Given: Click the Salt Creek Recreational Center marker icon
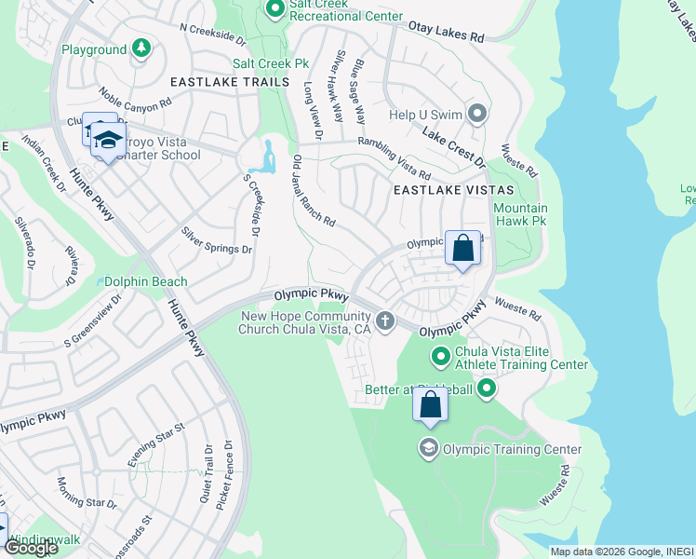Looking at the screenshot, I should [274, 9].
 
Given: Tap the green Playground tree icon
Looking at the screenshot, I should [140, 48].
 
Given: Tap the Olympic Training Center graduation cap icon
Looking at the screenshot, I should [428, 449].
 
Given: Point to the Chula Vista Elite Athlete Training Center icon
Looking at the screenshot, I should [441, 357].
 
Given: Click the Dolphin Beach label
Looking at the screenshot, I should [144, 281].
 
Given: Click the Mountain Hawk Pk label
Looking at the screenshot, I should [520, 214].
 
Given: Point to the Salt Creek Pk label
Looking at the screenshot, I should [270, 63].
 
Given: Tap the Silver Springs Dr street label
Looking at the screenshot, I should [217, 240].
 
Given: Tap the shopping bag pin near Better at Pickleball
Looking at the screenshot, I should [430, 405].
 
